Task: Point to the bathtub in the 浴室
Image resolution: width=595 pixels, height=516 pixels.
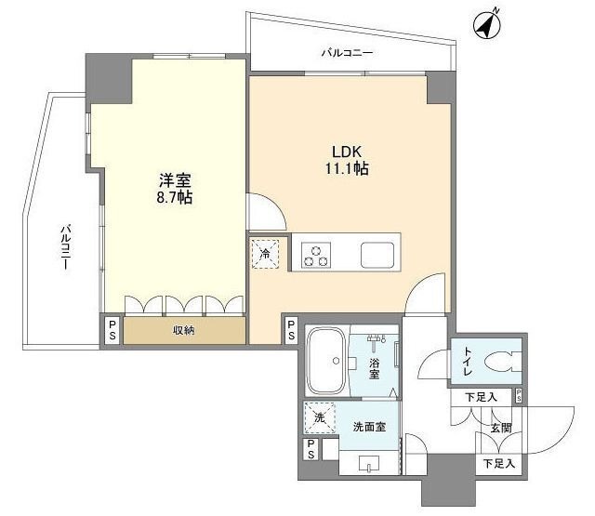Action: click(326, 359)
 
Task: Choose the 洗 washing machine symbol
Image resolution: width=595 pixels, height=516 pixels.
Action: click(319, 418)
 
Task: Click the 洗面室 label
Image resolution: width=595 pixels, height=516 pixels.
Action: click(368, 427)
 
